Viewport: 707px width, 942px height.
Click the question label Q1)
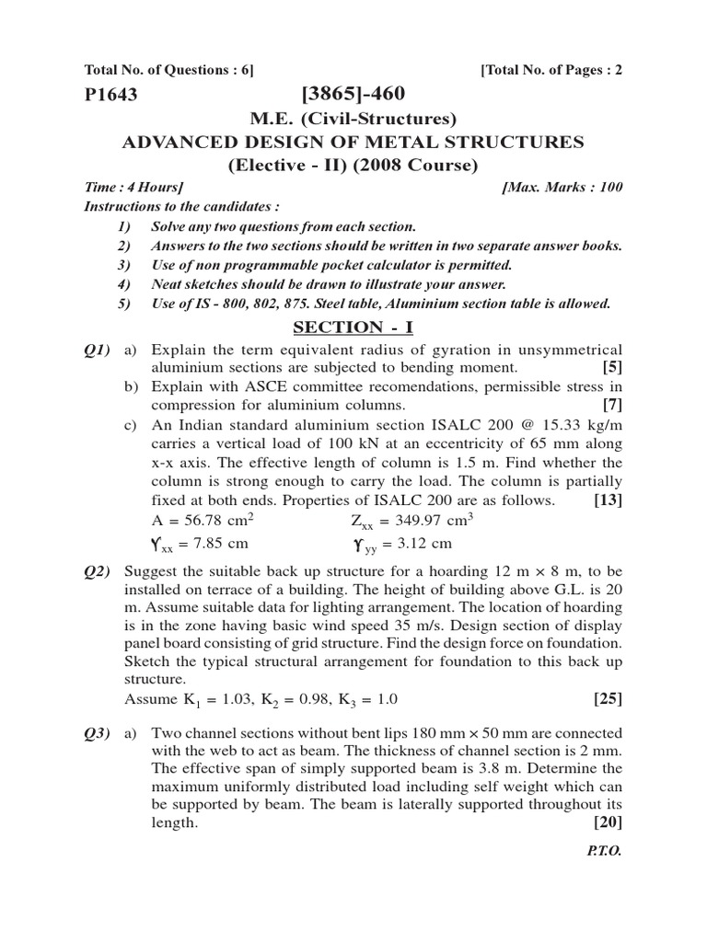point(98,350)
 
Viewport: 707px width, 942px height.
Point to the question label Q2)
point(98,572)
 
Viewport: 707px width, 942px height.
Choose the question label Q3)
point(98,732)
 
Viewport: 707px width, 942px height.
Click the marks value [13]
point(608,500)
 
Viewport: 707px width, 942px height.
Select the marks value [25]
point(608,698)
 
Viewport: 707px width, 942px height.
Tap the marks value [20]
point(608,822)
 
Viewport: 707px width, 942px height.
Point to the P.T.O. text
point(605,852)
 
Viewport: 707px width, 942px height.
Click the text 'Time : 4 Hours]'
point(133,188)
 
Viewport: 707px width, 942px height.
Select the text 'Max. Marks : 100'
point(563,188)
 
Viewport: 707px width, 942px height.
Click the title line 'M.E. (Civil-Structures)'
point(353,118)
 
